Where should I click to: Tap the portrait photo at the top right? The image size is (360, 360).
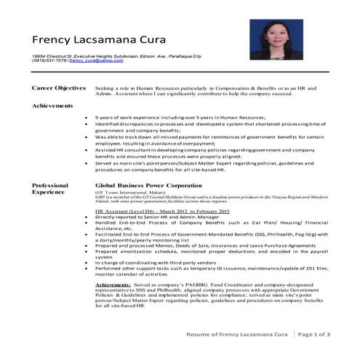pos(276,40)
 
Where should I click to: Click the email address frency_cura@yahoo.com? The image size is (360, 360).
pos(97,62)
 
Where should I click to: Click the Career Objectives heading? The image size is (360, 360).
pos(59,87)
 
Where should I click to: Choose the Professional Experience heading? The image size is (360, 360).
pos(50,190)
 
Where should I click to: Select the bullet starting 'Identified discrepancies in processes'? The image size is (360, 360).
pos(204,124)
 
